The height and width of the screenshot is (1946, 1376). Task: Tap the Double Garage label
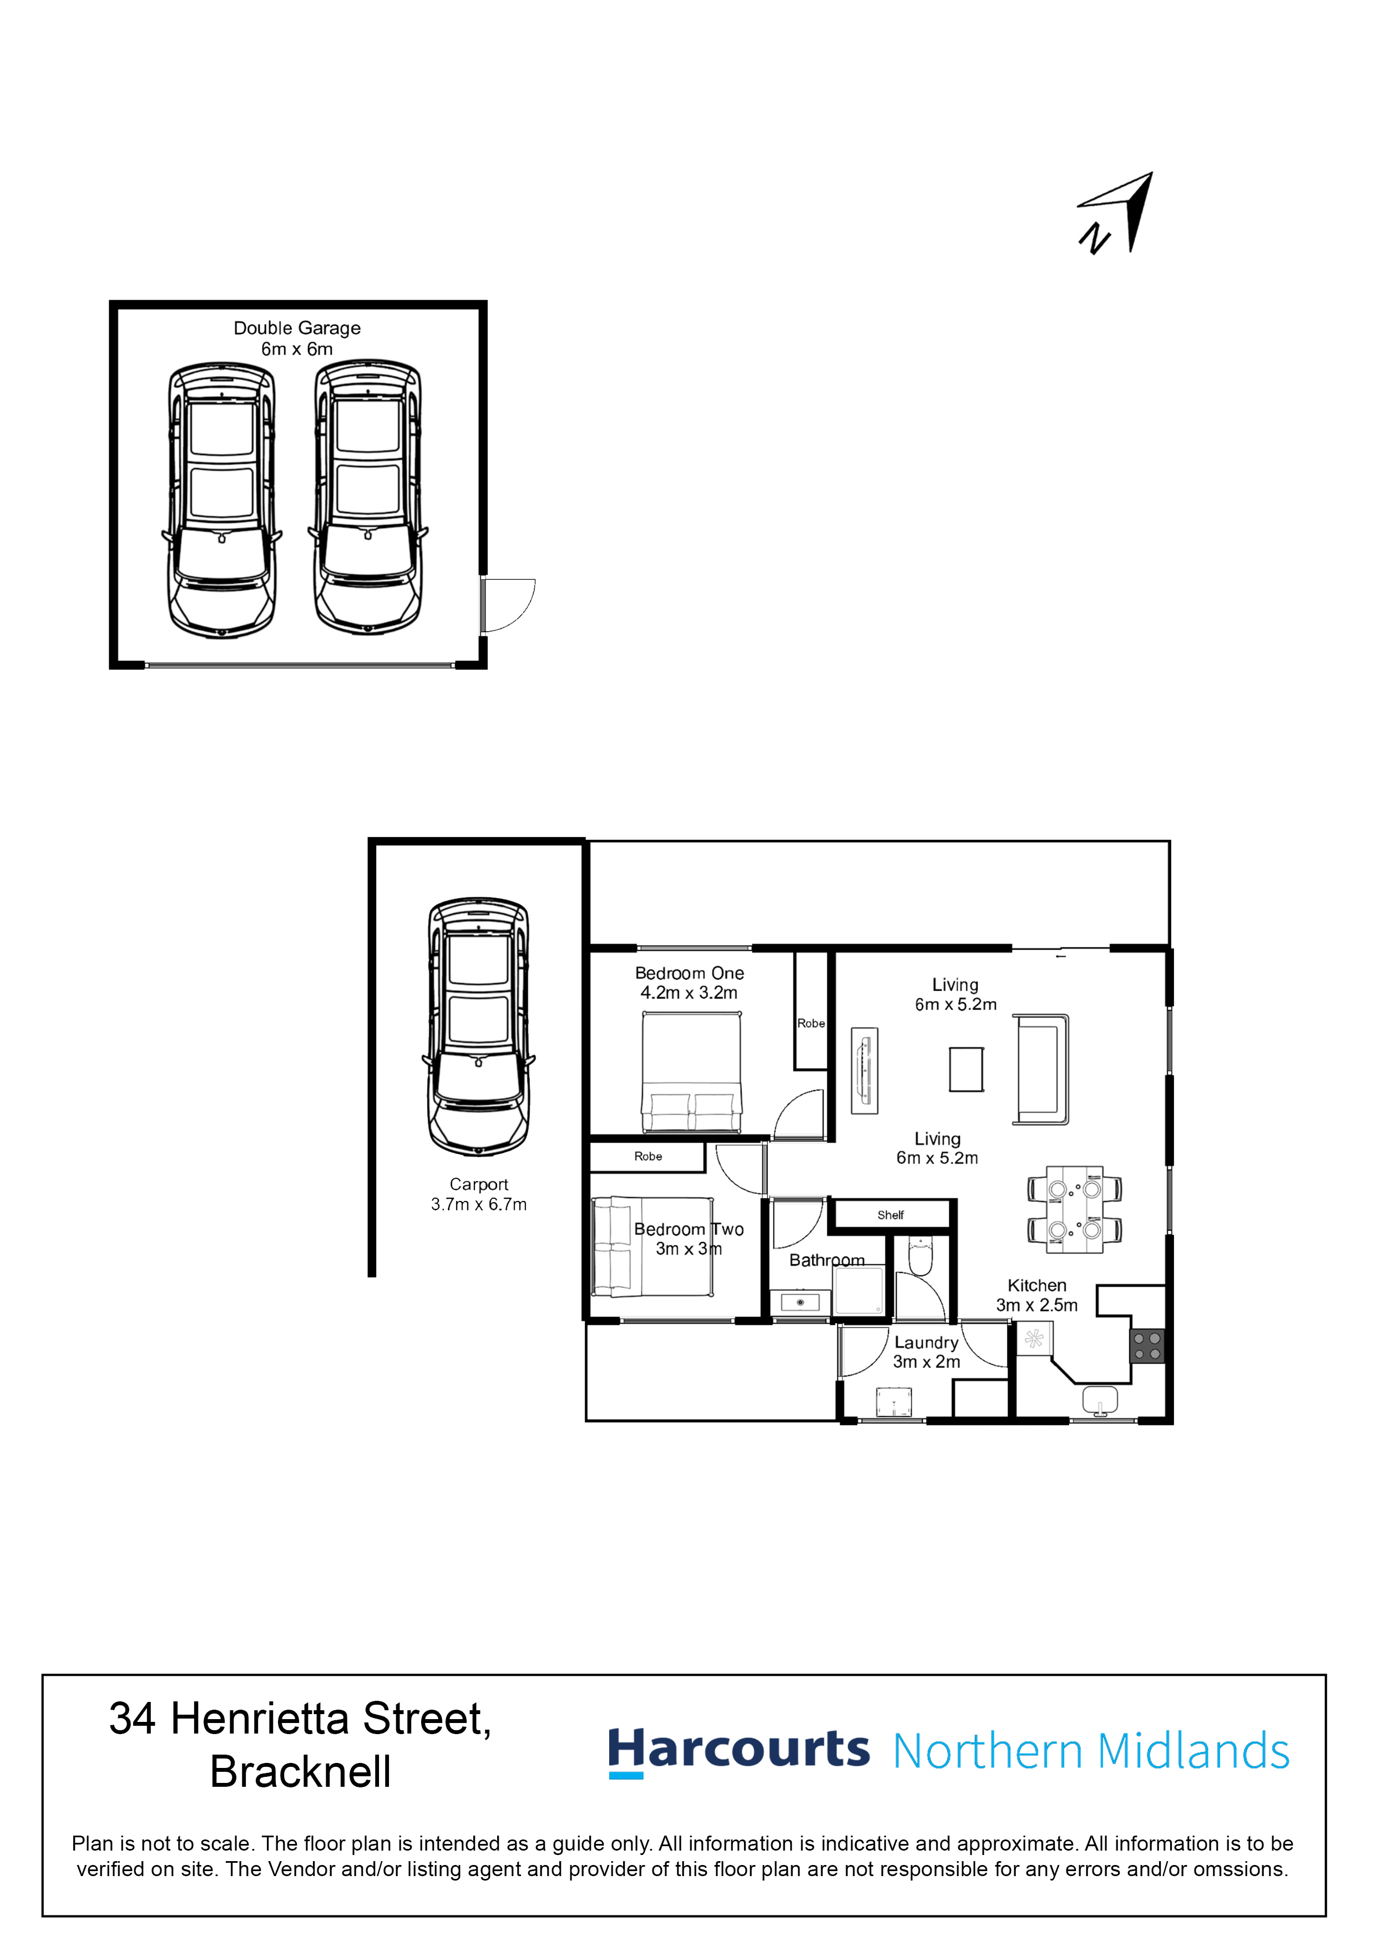[297, 328]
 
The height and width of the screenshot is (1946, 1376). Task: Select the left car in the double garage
[221, 500]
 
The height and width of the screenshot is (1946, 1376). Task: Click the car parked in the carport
[479, 1026]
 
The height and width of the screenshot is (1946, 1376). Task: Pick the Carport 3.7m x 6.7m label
[479, 1194]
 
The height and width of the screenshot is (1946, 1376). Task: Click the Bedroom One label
[689, 973]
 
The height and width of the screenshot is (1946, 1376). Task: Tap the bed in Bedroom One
[691, 1073]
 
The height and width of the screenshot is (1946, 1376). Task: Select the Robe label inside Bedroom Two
[647, 1156]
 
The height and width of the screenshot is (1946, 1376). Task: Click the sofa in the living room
[1040, 1070]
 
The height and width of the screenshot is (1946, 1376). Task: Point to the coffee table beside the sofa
[967, 1070]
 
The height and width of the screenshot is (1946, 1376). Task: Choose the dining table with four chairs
[1074, 1209]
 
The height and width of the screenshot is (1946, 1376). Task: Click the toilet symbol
[920, 1256]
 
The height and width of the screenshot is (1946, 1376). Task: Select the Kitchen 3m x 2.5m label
[1037, 1295]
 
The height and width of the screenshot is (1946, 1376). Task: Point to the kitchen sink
[1100, 1400]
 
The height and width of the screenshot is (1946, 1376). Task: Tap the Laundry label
[926, 1342]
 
